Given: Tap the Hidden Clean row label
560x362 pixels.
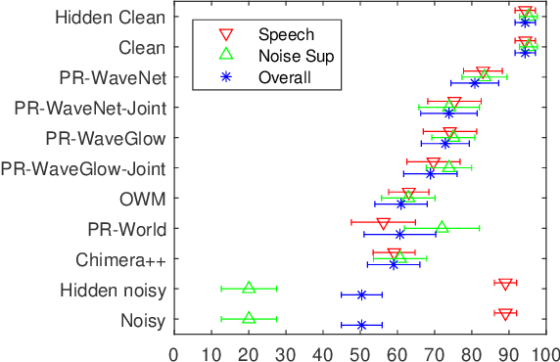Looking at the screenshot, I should pos(111,17).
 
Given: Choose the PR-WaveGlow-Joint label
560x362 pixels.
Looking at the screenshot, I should pos(83,168).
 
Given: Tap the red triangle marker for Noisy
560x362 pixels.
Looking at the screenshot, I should pos(505,314).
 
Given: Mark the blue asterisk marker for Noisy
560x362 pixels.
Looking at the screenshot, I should pos(361,325).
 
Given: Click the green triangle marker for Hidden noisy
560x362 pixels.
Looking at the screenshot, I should pos(249,287).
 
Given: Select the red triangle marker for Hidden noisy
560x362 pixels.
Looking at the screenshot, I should pos(505,284).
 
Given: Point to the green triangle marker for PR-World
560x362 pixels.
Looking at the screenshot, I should pos(442,226).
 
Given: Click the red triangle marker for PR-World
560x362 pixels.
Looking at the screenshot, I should pos(383,223).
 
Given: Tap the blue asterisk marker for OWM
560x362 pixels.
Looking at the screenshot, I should pos(400,204).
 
